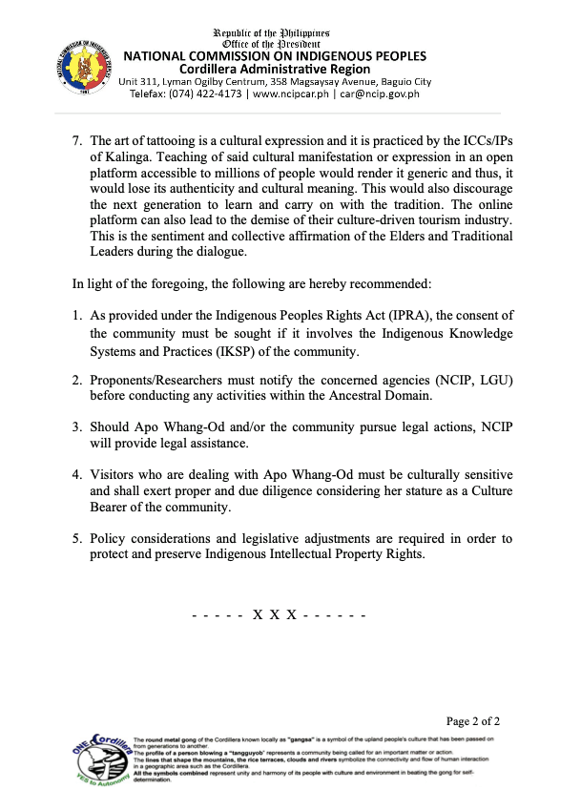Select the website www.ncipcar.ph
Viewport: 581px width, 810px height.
coord(292,93)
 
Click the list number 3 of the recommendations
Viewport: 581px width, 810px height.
coord(76,426)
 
